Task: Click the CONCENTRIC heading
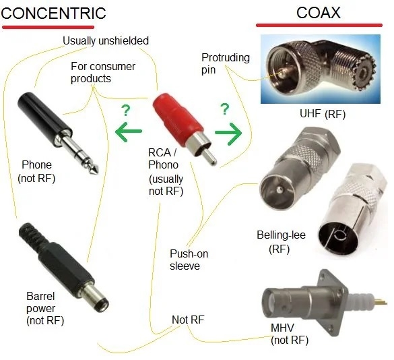(53, 13)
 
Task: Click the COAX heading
(319, 13)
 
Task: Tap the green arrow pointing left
(129, 131)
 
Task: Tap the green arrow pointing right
(228, 133)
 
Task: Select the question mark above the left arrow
(126, 111)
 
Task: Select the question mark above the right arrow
(225, 109)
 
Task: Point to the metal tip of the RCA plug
(209, 156)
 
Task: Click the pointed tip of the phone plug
(95, 170)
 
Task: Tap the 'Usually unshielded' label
(106, 40)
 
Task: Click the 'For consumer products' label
(103, 72)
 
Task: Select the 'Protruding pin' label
(226, 63)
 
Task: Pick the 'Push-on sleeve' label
(189, 260)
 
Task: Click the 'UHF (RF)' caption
(323, 114)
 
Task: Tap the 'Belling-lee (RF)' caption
(281, 242)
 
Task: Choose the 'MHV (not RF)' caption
(290, 334)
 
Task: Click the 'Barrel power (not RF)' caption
(45, 308)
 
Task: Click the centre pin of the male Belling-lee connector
(279, 189)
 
